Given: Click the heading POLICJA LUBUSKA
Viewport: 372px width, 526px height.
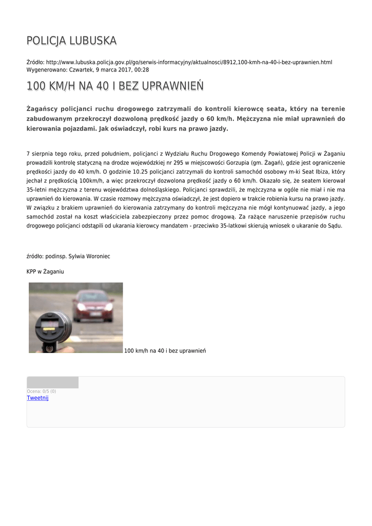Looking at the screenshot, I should (x=71, y=41).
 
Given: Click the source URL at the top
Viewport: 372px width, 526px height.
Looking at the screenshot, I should (x=189, y=62).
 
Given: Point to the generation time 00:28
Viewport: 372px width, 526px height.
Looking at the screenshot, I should (x=143, y=69).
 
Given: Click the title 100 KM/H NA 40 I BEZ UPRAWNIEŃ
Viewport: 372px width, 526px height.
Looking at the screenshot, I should (x=115, y=86).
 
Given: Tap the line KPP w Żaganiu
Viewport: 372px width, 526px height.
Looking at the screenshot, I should (x=45, y=271).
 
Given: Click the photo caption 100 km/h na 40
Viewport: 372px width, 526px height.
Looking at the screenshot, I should (x=165, y=350).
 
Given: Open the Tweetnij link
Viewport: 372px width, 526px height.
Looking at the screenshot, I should (x=37, y=398).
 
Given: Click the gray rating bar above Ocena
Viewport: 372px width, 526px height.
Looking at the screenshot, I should (x=52, y=382).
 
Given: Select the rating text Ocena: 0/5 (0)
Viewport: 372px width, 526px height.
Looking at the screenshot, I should (x=42, y=391).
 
